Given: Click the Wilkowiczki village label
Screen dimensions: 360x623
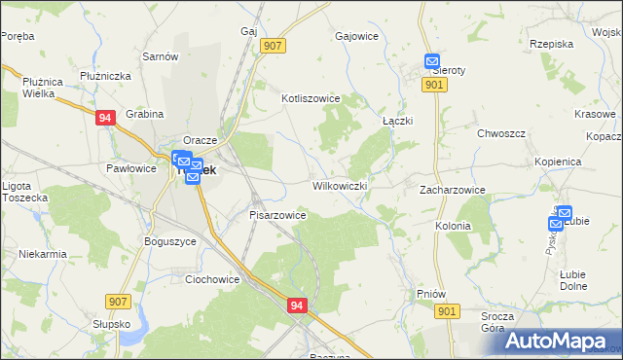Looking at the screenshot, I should (x=340, y=186).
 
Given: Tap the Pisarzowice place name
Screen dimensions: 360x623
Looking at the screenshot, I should (x=278, y=215).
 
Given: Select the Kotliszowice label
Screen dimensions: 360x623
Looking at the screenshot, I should (x=310, y=98).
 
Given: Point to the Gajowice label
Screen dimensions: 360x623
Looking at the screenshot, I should (x=355, y=37).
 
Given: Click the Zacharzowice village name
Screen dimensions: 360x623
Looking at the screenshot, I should (x=452, y=190).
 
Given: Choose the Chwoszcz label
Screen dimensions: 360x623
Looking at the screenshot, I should (x=501, y=133).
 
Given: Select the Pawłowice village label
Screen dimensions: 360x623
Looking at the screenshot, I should (x=131, y=168).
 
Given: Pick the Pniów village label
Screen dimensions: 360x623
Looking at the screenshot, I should (x=429, y=292).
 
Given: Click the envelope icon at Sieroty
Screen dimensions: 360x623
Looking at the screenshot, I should (x=433, y=62).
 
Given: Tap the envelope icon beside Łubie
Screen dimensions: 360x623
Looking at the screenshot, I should (x=556, y=224).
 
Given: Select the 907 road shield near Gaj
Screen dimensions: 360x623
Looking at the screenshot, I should (x=273, y=46).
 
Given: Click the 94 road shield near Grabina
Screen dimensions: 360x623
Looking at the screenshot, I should (x=106, y=118).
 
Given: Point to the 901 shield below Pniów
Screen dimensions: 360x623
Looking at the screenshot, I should (x=447, y=311).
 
